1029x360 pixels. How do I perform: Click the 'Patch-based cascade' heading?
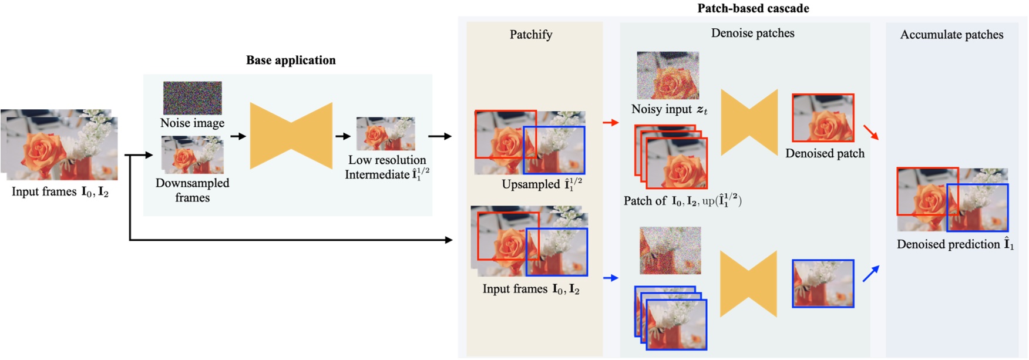(x=752, y=8)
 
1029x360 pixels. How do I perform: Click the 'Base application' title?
(x=291, y=60)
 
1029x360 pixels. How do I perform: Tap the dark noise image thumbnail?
(x=192, y=97)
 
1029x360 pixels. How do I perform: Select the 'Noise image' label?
(x=192, y=123)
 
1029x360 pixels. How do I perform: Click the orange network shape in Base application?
(x=291, y=136)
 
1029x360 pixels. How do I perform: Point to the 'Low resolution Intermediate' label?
(x=387, y=167)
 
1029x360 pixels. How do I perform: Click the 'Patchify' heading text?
(x=530, y=35)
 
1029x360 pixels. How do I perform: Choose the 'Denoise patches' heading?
(x=752, y=33)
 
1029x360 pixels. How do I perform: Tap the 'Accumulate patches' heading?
(x=951, y=35)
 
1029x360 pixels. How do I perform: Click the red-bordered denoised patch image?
(x=823, y=117)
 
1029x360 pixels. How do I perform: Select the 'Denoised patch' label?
(x=825, y=153)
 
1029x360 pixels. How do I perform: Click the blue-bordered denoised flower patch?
(x=822, y=284)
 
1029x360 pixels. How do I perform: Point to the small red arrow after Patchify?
(x=611, y=123)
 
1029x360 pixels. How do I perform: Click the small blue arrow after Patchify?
(x=611, y=278)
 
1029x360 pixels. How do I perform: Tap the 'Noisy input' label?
(x=669, y=109)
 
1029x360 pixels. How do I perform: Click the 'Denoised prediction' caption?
(x=954, y=244)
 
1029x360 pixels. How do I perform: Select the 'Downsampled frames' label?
(x=192, y=190)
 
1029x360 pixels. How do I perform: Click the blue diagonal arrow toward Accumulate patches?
(x=870, y=274)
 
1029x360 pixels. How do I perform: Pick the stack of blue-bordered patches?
(x=670, y=318)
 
